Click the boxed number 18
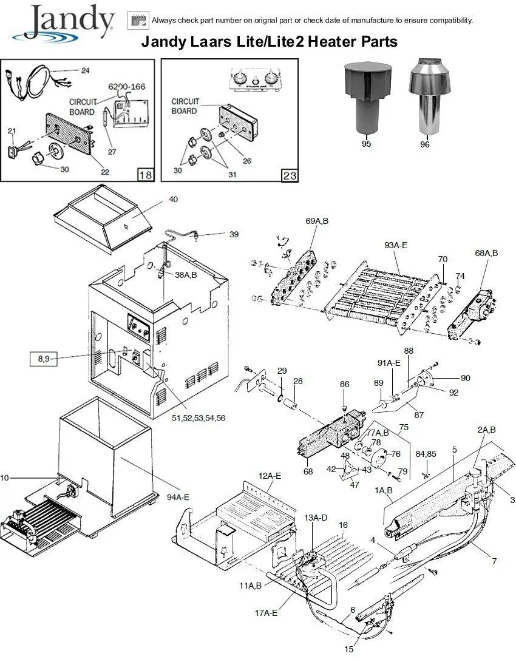pos(146,174)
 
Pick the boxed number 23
pos(290,175)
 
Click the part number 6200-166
pos(127,87)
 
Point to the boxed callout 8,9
pos(44,359)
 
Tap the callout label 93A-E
pos(396,245)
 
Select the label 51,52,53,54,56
pos(199,418)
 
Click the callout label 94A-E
pos(178,497)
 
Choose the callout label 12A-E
pos(270,476)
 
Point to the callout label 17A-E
pos(266,613)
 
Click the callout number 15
pos(349,649)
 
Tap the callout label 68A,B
pos(486,253)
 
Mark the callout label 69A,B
pos(317,221)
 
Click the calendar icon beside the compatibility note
pos(138,20)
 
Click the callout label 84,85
pos(426,454)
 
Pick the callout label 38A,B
pos(186,275)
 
